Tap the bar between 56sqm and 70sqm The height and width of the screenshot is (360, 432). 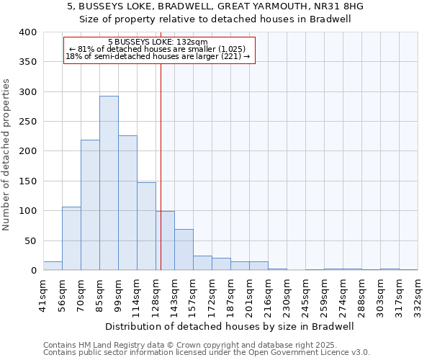click(71, 238)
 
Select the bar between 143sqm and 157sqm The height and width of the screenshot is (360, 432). click(184, 250)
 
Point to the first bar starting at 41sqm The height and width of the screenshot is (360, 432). click(53, 266)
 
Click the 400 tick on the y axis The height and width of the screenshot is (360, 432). click(27, 32)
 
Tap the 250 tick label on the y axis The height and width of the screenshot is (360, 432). click(27, 122)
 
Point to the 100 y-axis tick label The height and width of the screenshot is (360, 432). click(27, 211)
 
